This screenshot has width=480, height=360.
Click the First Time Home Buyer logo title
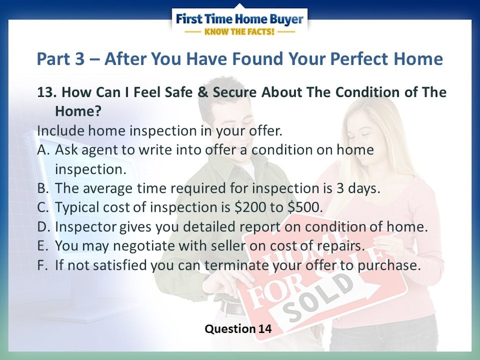point(240,19)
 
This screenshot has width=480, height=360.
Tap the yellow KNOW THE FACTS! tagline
point(239,32)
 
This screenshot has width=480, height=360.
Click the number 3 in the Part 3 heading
point(80,59)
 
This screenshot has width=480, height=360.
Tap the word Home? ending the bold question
point(78,111)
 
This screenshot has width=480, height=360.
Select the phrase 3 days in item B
point(358,188)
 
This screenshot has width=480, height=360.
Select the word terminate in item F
point(236,265)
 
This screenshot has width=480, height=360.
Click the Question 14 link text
point(238,329)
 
